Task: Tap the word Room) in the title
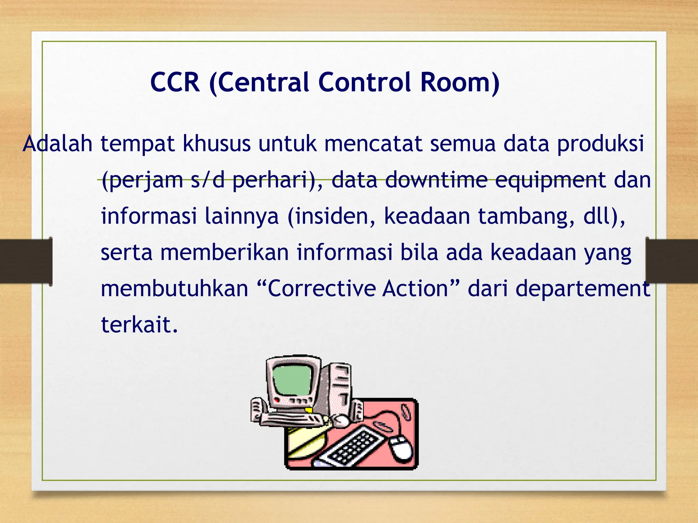[460, 82]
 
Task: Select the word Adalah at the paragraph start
[58, 144]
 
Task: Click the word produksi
[601, 144]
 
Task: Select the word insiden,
[332, 217]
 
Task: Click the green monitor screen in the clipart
[293, 379]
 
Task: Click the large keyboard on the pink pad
[354, 446]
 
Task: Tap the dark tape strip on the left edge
[26, 261]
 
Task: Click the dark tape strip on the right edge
[671, 261]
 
